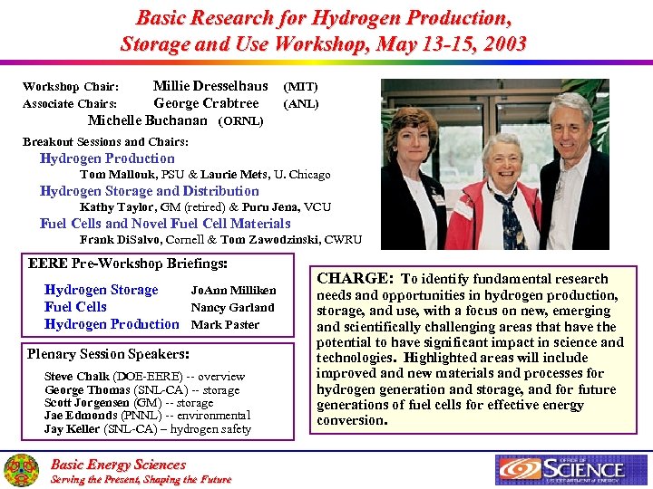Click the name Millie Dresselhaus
click(x=210, y=86)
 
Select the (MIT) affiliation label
click(x=301, y=87)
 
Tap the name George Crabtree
click(x=206, y=103)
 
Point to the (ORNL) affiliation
click(x=241, y=120)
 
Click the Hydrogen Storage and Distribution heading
click(x=150, y=191)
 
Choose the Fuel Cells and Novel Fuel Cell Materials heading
click(x=165, y=224)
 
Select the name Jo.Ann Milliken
click(x=233, y=291)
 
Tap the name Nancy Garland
click(x=232, y=308)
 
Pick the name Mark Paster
click(x=225, y=324)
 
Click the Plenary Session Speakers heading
click(x=108, y=354)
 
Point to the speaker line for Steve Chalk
click(x=144, y=376)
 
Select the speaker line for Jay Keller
click(x=147, y=429)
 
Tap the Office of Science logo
click(x=560, y=469)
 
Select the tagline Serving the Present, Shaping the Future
click(x=141, y=479)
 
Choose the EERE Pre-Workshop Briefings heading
click(x=128, y=264)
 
